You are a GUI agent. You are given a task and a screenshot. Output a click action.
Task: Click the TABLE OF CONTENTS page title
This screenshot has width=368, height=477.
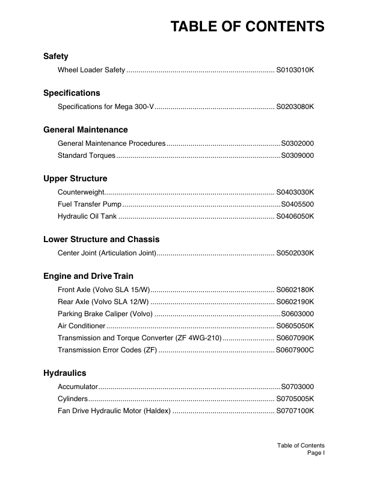[247, 27]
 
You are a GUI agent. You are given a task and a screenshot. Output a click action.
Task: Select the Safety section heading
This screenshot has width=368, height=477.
[56, 57]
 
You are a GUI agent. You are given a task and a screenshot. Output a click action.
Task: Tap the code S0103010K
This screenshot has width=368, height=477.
[295, 71]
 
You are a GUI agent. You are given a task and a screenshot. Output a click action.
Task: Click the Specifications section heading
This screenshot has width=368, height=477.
[72, 93]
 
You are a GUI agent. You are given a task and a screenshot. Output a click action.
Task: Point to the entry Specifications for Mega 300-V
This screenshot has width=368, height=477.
[106, 107]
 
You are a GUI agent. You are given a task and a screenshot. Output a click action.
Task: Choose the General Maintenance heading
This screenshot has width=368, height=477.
[85, 129]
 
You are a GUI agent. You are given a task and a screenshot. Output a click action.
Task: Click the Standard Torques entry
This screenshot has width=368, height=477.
[87, 156]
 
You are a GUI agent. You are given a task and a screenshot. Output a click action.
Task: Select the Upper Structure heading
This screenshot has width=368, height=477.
[75, 179]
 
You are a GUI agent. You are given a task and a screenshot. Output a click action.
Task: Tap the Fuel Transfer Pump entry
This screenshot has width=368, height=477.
[90, 205]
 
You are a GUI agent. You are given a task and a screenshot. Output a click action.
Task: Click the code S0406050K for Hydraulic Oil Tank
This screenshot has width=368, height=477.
[295, 217]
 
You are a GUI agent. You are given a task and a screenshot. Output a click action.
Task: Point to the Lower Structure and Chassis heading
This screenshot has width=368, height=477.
[101, 240]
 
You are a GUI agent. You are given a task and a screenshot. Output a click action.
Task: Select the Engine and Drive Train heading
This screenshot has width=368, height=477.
[88, 276]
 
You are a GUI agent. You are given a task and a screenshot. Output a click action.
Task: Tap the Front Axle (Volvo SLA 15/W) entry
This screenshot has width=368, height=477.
[103, 290]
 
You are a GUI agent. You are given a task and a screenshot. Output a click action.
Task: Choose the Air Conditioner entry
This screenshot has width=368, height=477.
[84, 326]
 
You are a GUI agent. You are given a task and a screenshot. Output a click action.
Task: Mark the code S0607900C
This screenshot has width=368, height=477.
[295, 351]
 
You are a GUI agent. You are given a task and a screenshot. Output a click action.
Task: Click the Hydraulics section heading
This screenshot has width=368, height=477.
[64, 373]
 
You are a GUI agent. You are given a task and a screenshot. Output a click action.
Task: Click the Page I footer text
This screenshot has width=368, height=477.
[316, 452]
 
